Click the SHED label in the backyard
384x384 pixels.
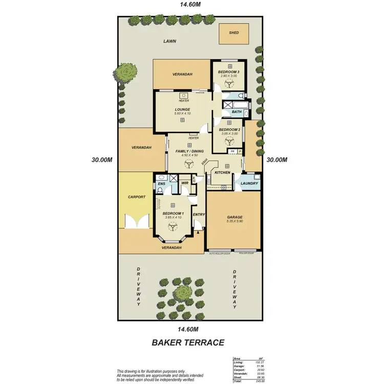tap(234, 33)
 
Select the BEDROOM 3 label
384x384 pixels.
tap(229, 72)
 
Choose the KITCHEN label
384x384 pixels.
tap(223, 173)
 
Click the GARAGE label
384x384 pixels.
tap(234, 217)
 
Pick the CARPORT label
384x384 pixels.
tap(137, 197)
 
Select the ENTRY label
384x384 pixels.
tap(199, 215)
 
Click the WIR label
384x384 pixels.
tap(185, 183)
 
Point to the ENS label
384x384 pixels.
tap(161, 183)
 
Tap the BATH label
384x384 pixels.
tap(237, 112)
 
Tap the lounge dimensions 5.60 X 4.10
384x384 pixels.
tap(182, 114)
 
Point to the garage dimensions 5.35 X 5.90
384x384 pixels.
tap(234, 221)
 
